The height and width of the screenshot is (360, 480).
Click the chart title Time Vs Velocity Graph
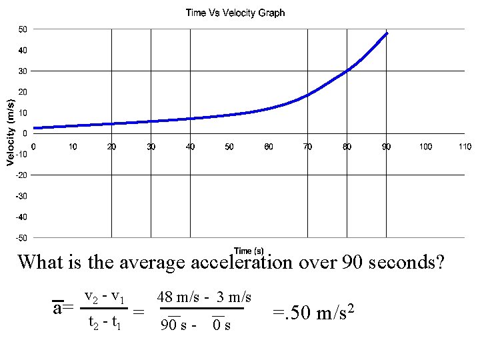click(235, 13)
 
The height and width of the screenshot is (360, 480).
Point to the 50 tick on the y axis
click(23, 29)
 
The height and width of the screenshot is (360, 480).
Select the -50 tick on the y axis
click(22, 237)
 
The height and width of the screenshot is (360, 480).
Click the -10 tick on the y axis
click(22, 154)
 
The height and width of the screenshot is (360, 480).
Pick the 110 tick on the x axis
click(465, 147)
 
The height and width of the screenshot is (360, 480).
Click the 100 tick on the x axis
click(425, 147)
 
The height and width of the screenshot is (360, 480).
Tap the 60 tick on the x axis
click(268, 147)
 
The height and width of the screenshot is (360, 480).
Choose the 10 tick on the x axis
click(73, 147)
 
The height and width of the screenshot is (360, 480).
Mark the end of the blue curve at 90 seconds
click(387, 33)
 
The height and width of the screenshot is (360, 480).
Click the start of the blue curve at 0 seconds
click(35, 127)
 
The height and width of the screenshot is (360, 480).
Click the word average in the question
click(154, 262)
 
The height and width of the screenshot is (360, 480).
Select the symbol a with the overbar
click(58, 309)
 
